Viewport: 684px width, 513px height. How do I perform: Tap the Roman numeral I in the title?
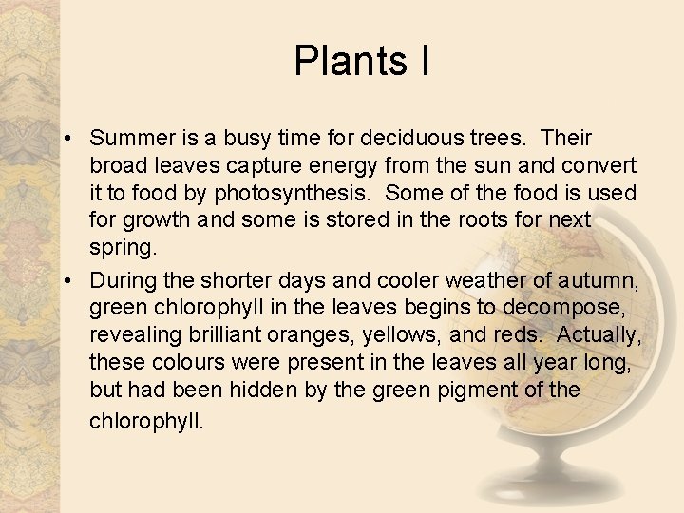422,62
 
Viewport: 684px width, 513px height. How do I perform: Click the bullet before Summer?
70,140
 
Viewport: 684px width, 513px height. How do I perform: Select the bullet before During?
70,281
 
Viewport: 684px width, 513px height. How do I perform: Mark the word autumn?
601,281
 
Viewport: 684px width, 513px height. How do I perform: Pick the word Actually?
599,336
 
